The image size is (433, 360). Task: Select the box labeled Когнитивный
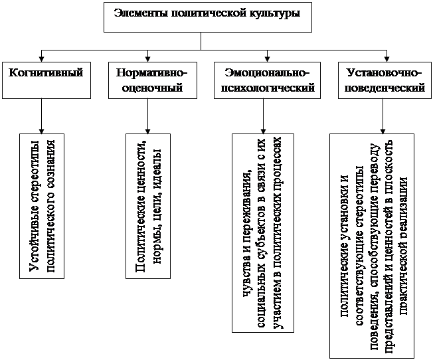(x=46, y=80)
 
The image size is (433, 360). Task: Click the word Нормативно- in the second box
(x=151, y=73)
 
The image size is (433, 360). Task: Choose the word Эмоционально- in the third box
(x=267, y=73)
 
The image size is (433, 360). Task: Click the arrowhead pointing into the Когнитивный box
(x=41, y=58)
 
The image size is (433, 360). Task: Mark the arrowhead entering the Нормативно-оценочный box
(x=147, y=58)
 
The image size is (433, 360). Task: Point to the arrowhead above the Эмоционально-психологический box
(x=267, y=58)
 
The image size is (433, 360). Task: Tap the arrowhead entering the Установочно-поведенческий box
(x=387, y=58)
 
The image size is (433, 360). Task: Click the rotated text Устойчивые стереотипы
(x=35, y=206)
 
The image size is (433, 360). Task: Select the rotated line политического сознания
(x=50, y=206)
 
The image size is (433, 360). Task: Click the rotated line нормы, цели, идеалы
(x=157, y=206)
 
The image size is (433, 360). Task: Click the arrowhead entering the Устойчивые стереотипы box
(x=41, y=131)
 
